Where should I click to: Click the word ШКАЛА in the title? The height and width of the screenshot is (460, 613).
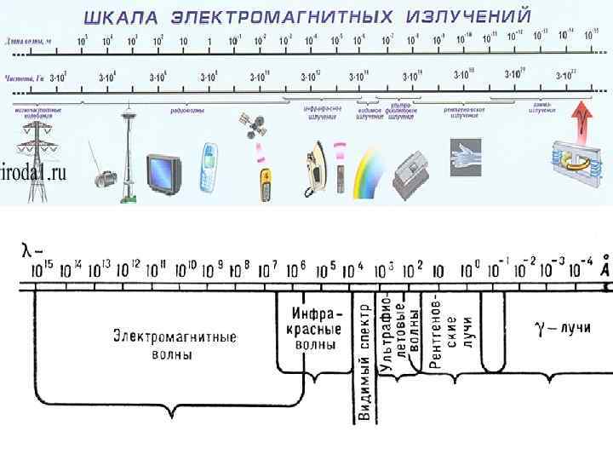click(x=119, y=16)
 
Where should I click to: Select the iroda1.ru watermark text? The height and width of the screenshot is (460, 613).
click(x=33, y=173)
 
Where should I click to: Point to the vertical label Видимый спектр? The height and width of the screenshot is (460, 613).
click(x=364, y=362)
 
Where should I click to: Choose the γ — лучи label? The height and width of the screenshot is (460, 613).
click(x=561, y=327)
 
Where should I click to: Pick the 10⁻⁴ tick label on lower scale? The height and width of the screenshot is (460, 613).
click(x=583, y=265)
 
